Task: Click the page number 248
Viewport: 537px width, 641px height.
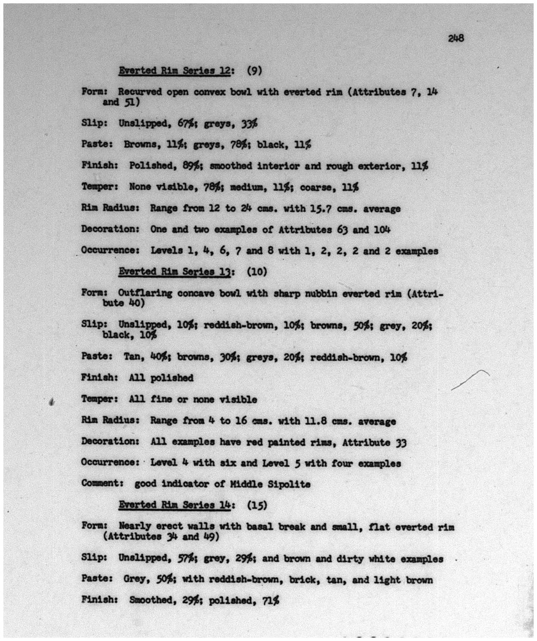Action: pyautogui.click(x=456, y=38)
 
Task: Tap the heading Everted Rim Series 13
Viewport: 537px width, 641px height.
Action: pyautogui.click(x=175, y=272)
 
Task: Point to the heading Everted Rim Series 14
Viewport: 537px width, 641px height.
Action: pyautogui.click(x=175, y=505)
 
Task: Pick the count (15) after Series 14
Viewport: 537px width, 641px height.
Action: pyautogui.click(x=257, y=505)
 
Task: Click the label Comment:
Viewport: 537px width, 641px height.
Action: pyautogui.click(x=102, y=484)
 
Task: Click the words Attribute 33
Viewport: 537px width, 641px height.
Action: pyautogui.click(x=374, y=443)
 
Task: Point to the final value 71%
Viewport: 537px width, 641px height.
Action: pyautogui.click(x=271, y=601)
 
